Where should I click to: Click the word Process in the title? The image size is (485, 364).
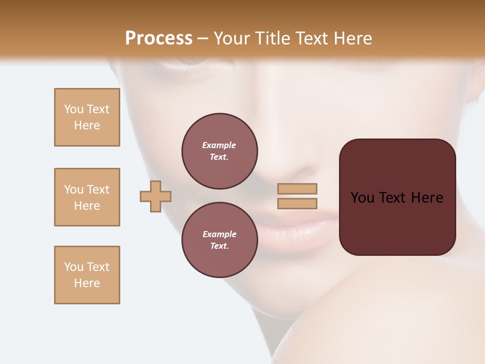point(159,38)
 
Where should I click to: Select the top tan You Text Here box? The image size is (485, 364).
point(87,117)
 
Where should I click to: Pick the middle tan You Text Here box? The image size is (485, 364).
point(87,197)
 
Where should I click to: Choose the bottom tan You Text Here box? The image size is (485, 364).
point(87,275)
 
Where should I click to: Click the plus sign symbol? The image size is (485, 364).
point(156,196)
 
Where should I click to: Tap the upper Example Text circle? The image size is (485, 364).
point(219,151)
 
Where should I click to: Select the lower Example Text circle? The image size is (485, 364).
point(219,240)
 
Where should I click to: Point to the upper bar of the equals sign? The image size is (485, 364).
point(297,189)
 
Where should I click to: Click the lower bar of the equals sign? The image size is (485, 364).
point(297,204)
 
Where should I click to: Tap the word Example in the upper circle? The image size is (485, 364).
point(219,146)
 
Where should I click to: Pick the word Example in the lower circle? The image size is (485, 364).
point(219,235)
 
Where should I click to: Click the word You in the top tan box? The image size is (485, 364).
point(73,109)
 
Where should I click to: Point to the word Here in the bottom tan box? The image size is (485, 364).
point(87,283)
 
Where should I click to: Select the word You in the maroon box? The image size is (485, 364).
point(363,198)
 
